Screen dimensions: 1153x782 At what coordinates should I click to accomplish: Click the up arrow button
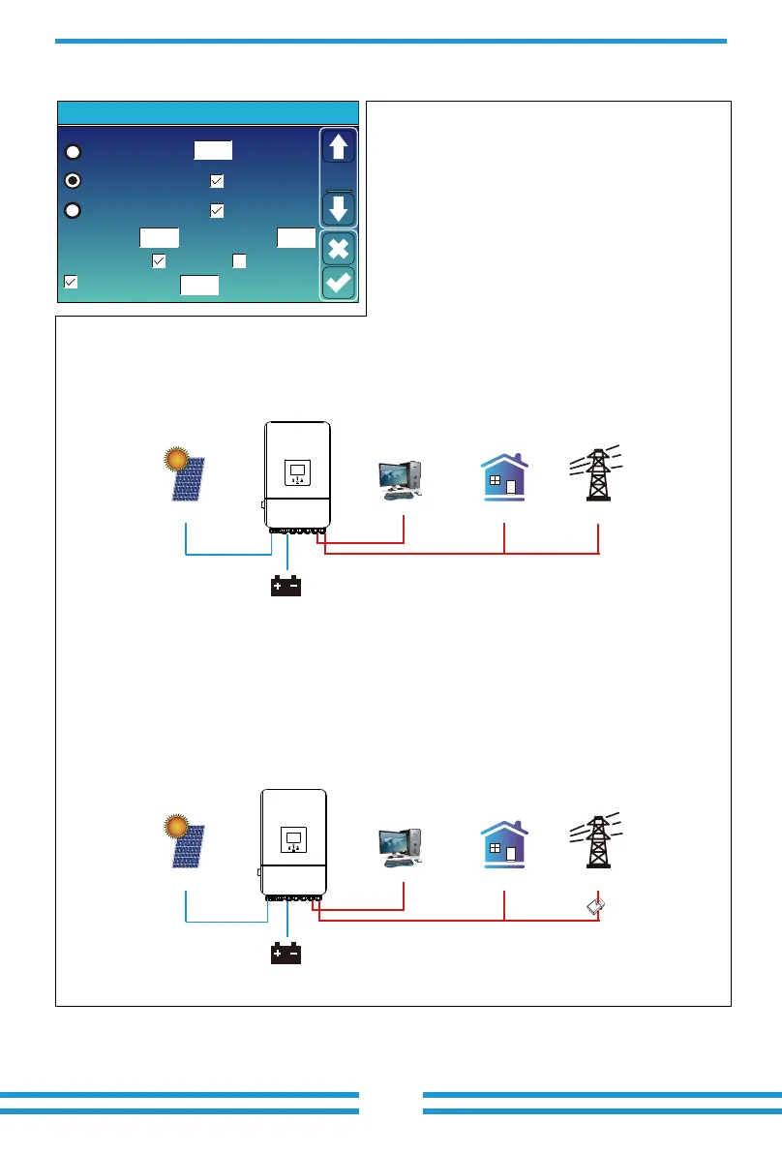(339, 147)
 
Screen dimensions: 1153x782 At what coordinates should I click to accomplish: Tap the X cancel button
(339, 248)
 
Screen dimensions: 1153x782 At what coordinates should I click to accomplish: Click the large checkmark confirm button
(339, 283)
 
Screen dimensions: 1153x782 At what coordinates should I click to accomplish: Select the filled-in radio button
(73, 180)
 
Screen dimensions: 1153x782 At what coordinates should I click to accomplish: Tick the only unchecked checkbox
(239, 260)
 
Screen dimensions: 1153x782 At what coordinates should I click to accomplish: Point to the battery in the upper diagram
(287, 586)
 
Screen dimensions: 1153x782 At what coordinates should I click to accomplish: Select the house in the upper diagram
(503, 477)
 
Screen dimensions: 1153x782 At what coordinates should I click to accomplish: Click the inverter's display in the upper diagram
(297, 473)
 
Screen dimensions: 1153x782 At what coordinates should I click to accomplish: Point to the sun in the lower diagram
(175, 826)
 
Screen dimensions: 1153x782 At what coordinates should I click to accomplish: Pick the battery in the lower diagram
(287, 954)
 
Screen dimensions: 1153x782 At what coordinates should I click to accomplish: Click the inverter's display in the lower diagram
(293, 839)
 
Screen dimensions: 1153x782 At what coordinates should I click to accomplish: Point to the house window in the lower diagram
(495, 849)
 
